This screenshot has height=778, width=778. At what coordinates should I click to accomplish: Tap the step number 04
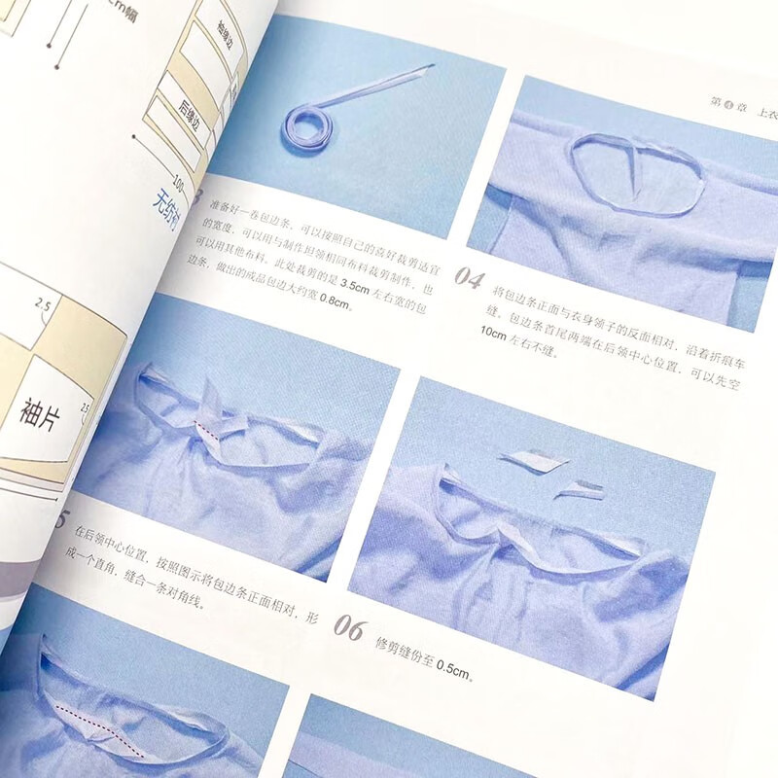469,281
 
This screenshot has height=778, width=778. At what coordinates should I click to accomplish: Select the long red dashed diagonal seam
97,719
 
